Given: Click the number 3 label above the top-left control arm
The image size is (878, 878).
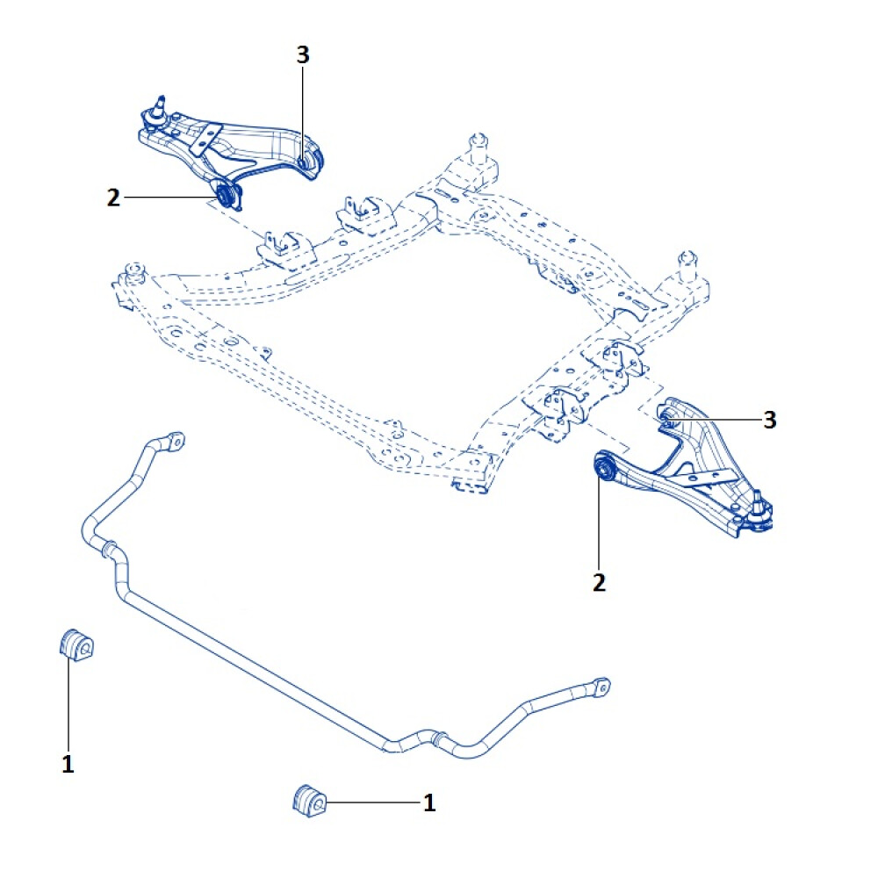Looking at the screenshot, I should (x=303, y=55).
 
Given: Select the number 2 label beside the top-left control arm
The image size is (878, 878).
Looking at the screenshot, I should (x=112, y=198).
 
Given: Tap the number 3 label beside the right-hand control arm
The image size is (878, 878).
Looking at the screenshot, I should (x=769, y=421).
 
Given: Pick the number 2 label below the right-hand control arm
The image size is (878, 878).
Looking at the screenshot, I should (x=599, y=581).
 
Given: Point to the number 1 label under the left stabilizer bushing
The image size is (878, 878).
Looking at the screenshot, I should (x=68, y=764).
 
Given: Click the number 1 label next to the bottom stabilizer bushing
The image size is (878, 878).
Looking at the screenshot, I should (x=429, y=802).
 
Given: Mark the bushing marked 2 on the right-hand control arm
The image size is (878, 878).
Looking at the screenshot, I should (x=604, y=468).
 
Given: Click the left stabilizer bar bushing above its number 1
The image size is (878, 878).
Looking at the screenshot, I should (x=76, y=646).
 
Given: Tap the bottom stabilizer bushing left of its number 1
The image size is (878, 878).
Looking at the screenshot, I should (x=309, y=800).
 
